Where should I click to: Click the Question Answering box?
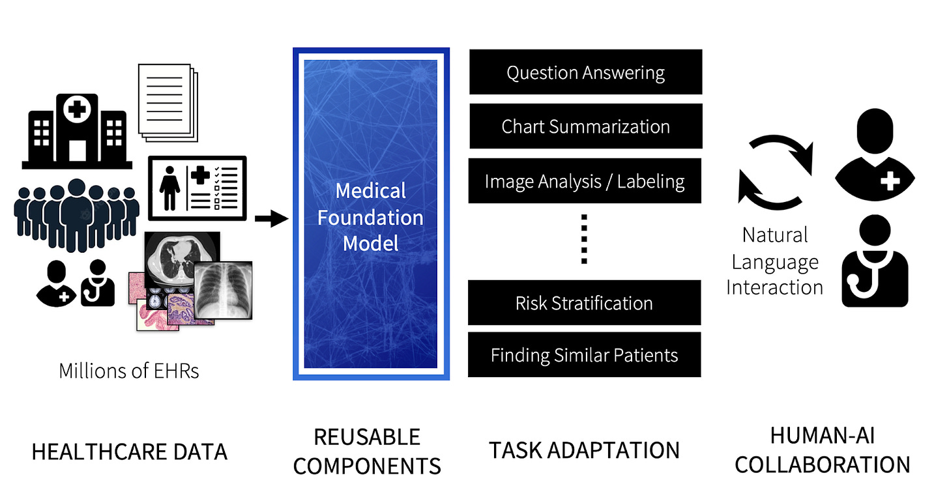585,72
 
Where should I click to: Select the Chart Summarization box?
585,126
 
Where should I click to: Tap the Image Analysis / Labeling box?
585,181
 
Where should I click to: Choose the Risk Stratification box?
584,303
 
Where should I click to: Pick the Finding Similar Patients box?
584,355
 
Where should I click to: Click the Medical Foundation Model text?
370,217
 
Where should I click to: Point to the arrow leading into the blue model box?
270,219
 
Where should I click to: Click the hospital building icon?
77,131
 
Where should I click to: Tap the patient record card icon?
197,188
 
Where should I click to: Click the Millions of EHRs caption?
129,371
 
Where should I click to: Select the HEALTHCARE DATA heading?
129,451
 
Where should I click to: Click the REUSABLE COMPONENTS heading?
367,451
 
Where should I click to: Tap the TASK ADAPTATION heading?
584,450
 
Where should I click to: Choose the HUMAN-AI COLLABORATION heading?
822,450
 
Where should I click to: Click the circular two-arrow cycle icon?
775,171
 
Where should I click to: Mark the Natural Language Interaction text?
774,261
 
